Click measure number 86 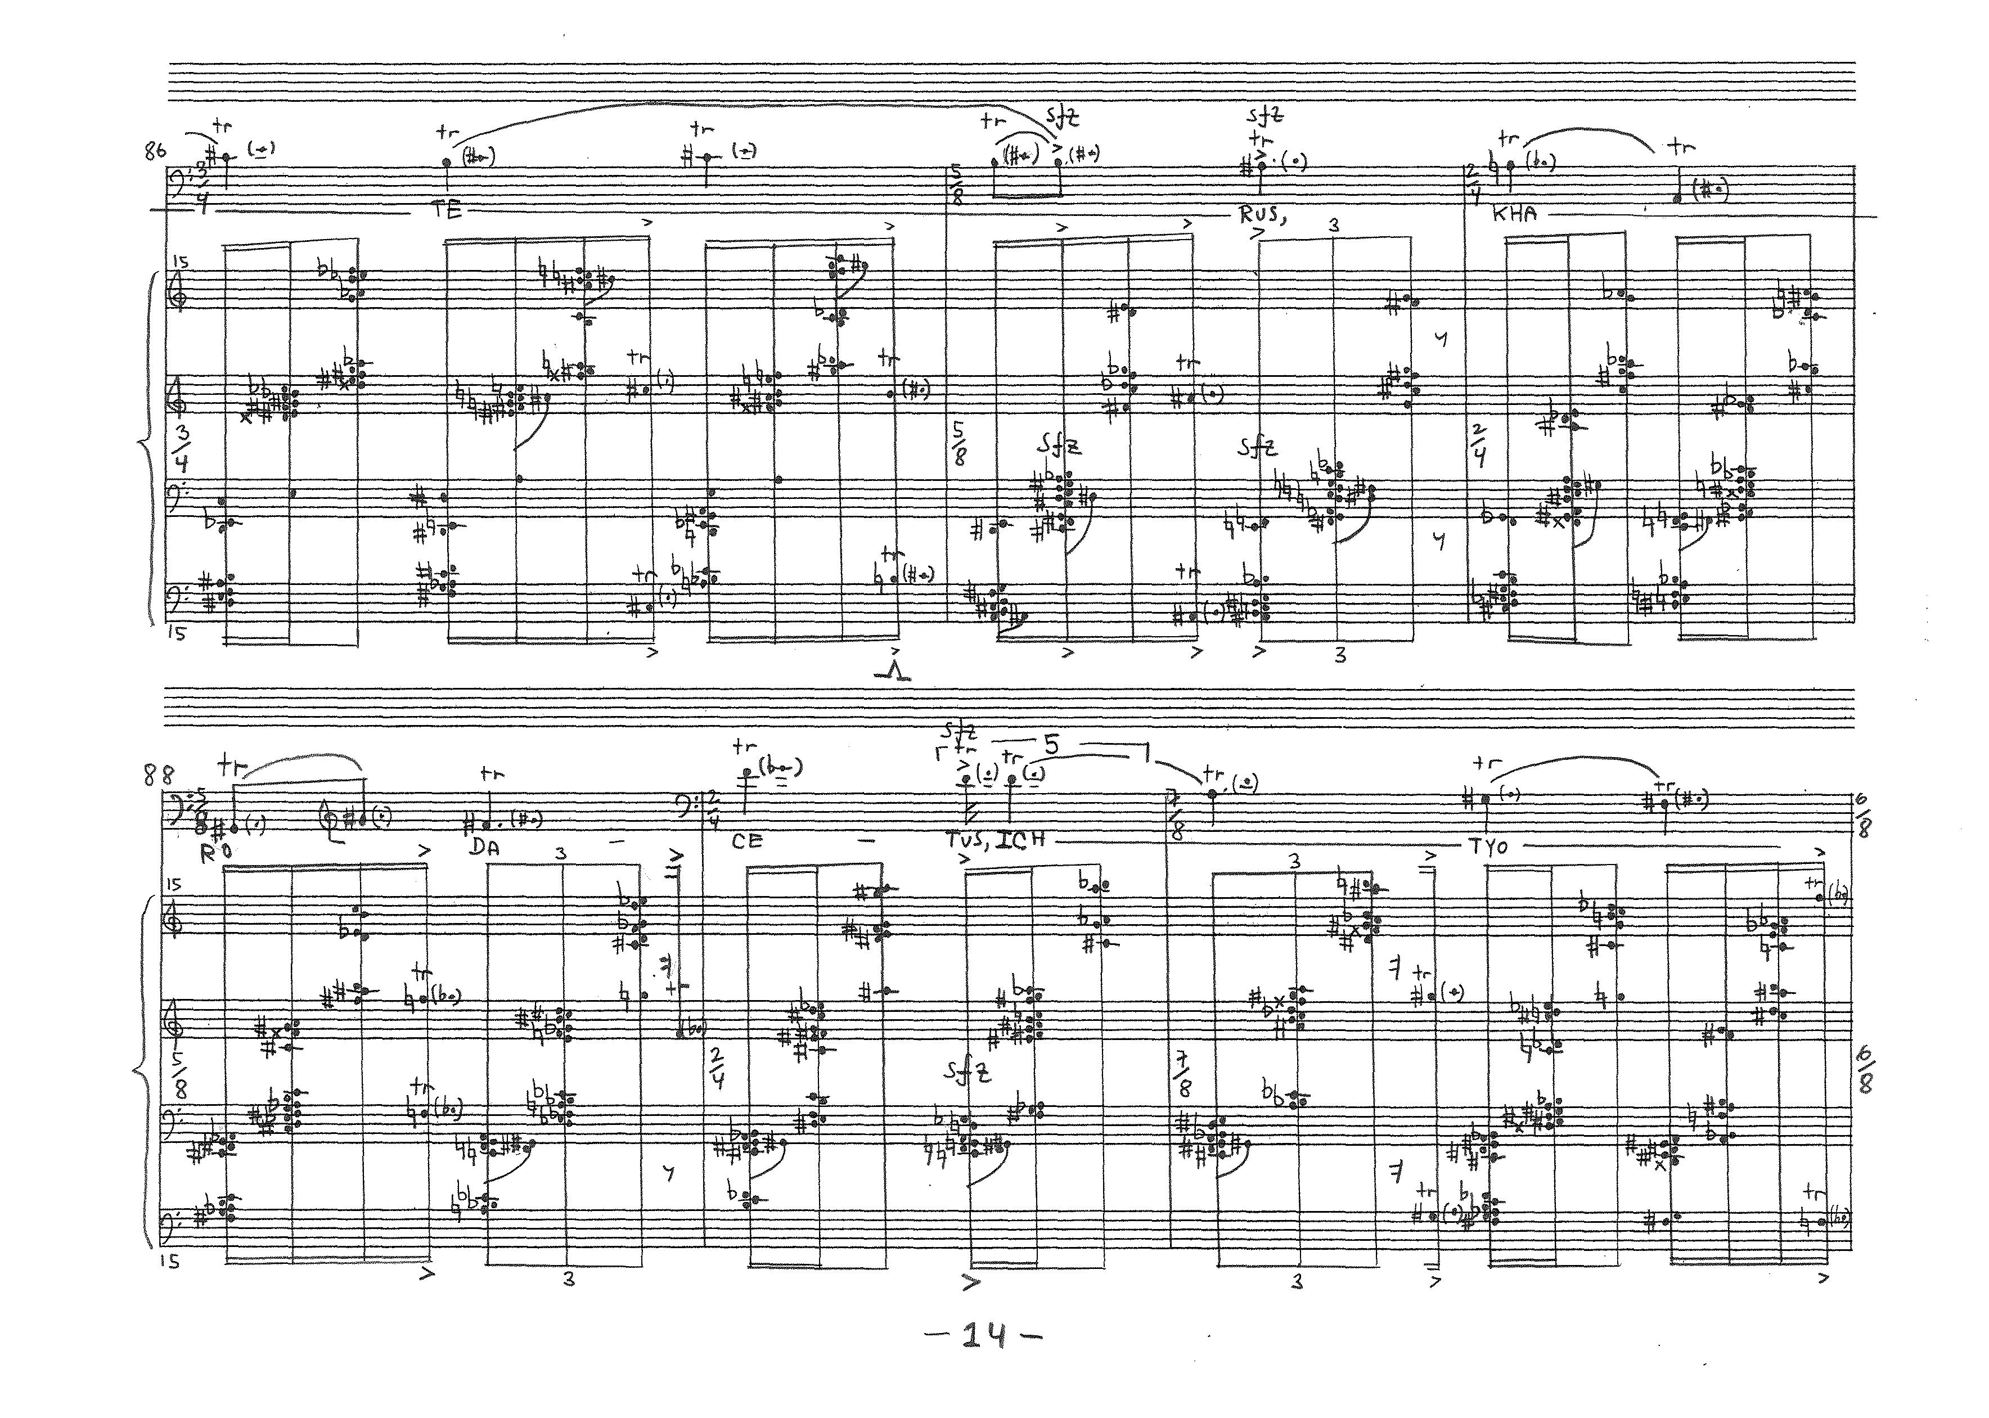point(155,152)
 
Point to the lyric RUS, point(1263,214)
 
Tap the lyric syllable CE point(748,841)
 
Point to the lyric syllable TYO point(1488,846)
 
